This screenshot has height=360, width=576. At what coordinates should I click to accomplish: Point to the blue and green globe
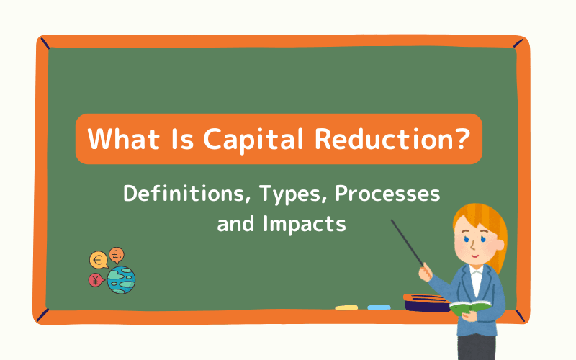pos(121,279)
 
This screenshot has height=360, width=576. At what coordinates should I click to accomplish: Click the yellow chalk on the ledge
pos(346,307)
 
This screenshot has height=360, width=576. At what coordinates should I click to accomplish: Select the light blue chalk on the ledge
pos(379,307)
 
